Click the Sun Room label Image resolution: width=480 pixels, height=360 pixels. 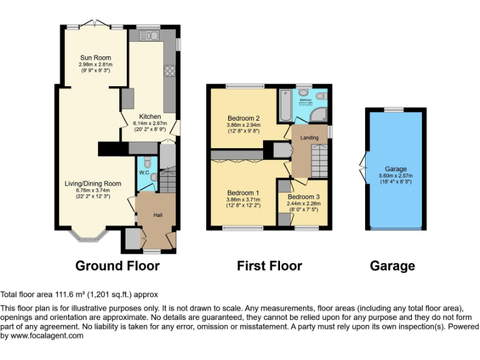pos(95,58)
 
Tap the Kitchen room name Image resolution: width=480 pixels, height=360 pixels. pos(150,117)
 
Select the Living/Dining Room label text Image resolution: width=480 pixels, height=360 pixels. pos(92,184)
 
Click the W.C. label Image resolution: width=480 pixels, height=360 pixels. pos(143,172)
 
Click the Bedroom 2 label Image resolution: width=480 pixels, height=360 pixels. pos(243,118)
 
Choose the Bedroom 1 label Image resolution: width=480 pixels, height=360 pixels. pos(243,192)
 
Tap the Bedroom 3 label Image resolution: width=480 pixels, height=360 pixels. pos(302,197)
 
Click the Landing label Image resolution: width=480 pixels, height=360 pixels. pos(309,137)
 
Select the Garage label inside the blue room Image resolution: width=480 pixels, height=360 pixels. pos(396,169)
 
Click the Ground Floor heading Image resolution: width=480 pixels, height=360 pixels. pos(117,266)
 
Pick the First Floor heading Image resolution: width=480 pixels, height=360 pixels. pos(269,266)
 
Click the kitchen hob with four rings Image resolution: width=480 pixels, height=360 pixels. pos(169,71)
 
